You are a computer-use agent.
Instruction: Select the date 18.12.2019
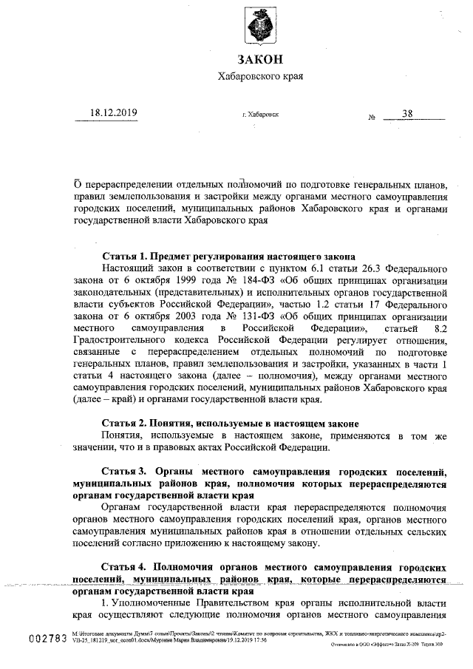[x=113, y=113]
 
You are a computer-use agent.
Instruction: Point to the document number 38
[x=408, y=113]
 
